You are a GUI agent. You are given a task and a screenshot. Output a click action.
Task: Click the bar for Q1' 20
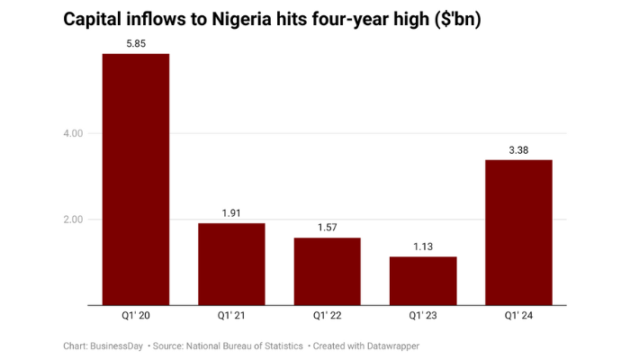tap(136, 180)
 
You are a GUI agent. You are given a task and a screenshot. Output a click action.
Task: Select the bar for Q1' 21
tap(231, 265)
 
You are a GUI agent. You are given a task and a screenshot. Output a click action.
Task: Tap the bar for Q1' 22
tap(327, 272)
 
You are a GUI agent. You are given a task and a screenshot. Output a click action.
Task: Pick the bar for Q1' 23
tap(423, 282)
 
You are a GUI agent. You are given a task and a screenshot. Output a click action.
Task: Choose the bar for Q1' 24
tap(518, 233)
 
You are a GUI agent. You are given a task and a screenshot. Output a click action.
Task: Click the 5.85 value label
tap(136, 43)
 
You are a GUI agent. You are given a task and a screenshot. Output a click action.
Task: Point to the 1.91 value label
tap(231, 213)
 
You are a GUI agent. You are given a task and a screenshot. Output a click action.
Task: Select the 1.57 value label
tap(327, 228)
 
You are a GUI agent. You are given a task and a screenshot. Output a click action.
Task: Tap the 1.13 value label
tap(423, 247)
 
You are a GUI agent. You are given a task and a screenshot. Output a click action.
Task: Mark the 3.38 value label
tap(518, 149)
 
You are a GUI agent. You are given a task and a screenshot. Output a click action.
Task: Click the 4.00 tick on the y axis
tap(72, 133)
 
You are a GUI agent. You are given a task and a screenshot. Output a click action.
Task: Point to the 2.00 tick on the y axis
tap(72, 220)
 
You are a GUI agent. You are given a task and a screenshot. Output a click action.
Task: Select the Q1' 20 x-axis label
tap(136, 317)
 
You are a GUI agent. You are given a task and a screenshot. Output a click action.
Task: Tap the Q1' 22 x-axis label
tap(327, 317)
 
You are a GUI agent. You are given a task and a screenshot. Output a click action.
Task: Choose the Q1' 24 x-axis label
tap(518, 317)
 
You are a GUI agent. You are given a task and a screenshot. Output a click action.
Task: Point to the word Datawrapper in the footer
tap(390, 346)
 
